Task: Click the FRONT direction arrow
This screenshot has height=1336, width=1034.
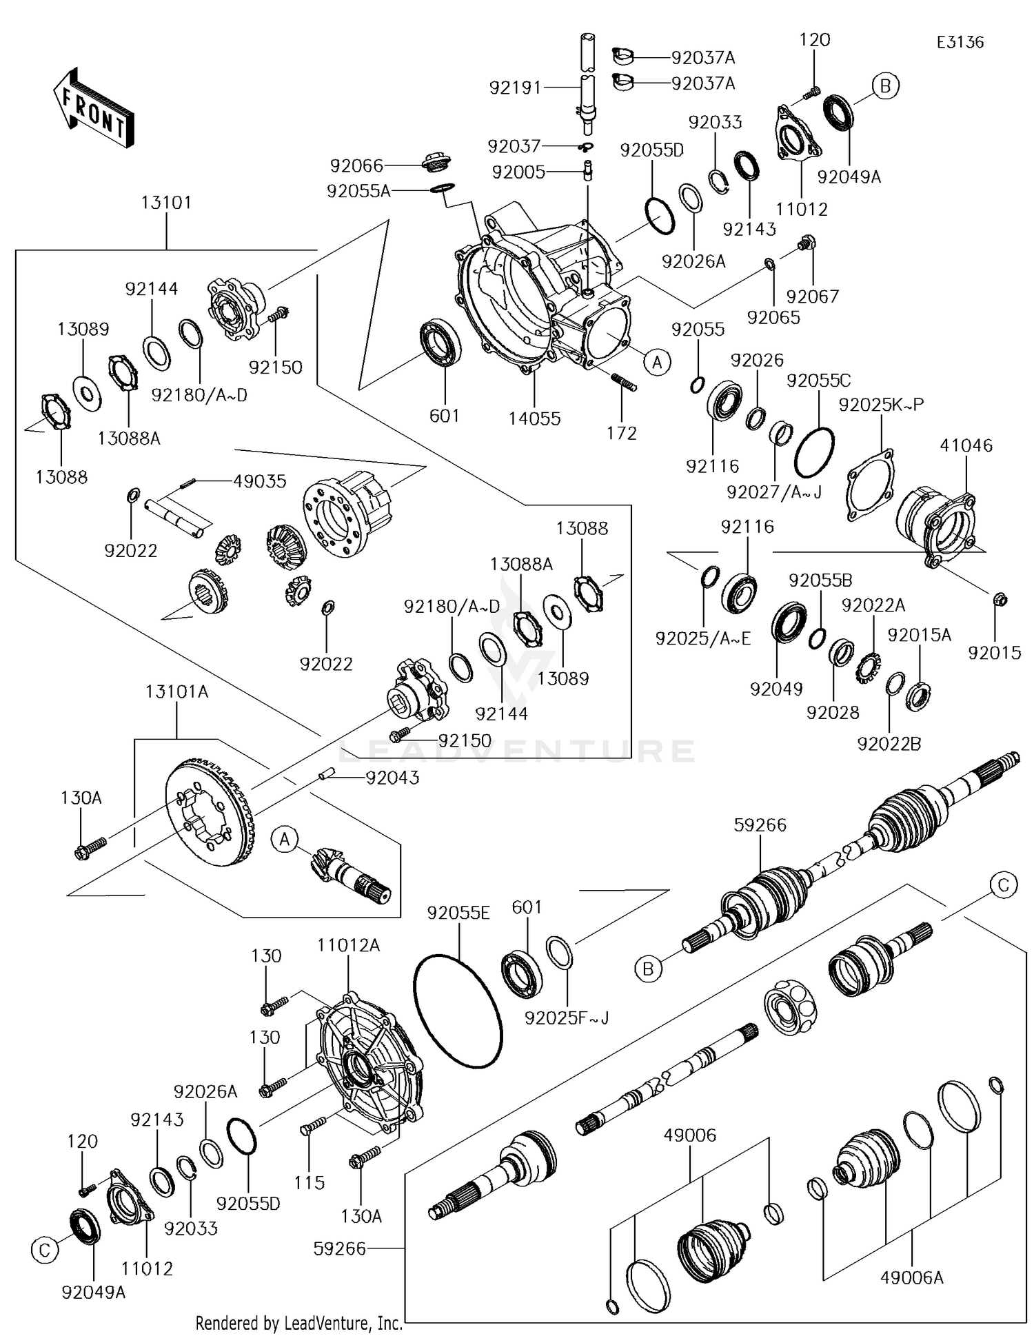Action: tap(92, 108)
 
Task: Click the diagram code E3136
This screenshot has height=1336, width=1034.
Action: tap(960, 42)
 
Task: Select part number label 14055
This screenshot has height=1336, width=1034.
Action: tap(535, 418)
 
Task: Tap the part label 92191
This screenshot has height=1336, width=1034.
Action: tap(515, 88)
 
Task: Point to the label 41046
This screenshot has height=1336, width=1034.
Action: tap(966, 445)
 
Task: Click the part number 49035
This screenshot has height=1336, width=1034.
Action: tap(259, 481)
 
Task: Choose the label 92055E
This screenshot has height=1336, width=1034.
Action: tap(458, 913)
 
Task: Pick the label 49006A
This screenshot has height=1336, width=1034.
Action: tap(911, 1277)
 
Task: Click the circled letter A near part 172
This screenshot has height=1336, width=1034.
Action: tap(657, 361)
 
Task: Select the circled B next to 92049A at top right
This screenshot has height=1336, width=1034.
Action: tap(886, 86)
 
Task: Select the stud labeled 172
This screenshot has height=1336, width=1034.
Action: tap(623, 381)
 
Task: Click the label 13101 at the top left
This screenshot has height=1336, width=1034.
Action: tap(166, 203)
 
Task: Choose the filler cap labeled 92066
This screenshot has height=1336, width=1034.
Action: tap(436, 165)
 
